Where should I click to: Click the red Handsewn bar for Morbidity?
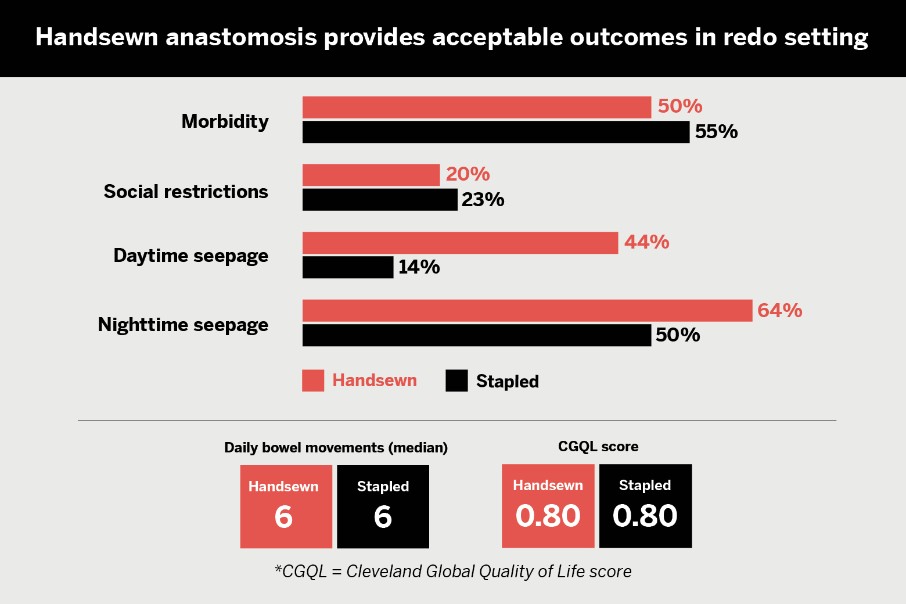[477, 107]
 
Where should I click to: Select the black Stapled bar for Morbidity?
[496, 132]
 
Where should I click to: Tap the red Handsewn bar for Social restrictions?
[371, 175]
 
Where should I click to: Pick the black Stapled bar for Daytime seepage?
[348, 267]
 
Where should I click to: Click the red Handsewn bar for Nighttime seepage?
[527, 311]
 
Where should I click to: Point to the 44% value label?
[647, 242]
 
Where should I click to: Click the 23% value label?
[483, 199]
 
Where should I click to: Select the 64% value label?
[780, 310]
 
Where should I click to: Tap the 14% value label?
[419, 267]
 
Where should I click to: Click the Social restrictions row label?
[186, 191]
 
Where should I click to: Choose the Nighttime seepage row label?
[183, 325]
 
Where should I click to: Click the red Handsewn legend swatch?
[313, 380]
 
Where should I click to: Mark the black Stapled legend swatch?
[456, 380]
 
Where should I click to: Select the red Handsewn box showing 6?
[286, 506]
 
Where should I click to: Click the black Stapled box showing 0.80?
[646, 506]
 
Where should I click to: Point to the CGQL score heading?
[598, 447]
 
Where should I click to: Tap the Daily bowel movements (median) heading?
[336, 448]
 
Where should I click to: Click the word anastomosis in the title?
[241, 37]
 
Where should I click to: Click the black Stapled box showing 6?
[383, 506]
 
